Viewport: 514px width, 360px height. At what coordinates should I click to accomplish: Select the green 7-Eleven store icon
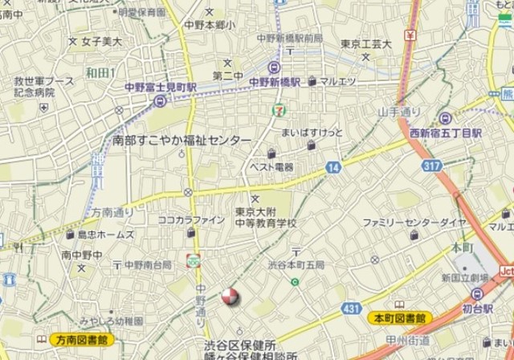click(277, 109)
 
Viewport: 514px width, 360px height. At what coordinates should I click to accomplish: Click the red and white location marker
click(230, 297)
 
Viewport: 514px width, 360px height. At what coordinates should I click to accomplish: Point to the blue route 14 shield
click(332, 168)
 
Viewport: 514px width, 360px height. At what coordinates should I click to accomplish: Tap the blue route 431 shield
click(351, 308)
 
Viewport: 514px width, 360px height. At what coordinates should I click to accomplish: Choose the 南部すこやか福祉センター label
click(182, 140)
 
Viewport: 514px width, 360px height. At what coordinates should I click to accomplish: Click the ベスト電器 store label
click(271, 167)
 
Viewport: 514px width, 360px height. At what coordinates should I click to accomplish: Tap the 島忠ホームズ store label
click(105, 235)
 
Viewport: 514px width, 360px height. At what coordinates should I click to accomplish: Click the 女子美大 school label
click(101, 41)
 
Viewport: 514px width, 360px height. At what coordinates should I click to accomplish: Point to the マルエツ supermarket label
click(338, 81)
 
